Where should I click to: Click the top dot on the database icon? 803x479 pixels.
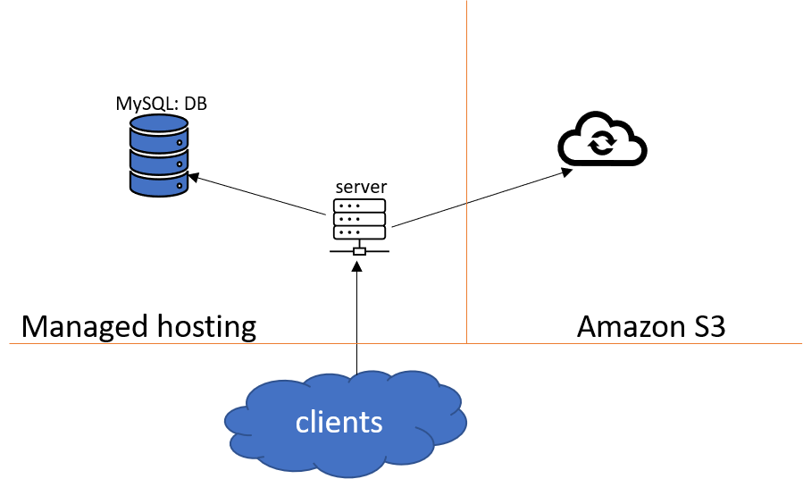[180, 142]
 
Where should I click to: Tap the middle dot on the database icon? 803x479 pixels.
[180, 164]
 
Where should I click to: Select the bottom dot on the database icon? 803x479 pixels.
[180, 186]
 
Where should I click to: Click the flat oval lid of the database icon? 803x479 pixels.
[159, 122]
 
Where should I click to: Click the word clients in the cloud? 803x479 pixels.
[339, 423]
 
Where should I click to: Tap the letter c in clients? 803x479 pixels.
[302, 424]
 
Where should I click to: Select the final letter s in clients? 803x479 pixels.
[376, 424]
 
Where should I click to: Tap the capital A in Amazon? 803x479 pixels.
[587, 326]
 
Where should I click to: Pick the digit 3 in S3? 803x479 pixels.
[717, 326]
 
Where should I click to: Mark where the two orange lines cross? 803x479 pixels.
[466, 343]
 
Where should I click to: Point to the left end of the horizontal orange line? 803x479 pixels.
[11, 343]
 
